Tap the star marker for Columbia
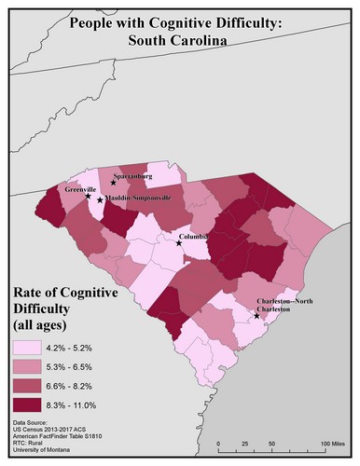[x=180, y=242]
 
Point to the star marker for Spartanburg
[x=113, y=183]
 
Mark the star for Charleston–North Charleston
[x=256, y=316]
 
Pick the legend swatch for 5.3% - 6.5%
[x=32, y=366]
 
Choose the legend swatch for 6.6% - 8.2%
[x=32, y=385]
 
